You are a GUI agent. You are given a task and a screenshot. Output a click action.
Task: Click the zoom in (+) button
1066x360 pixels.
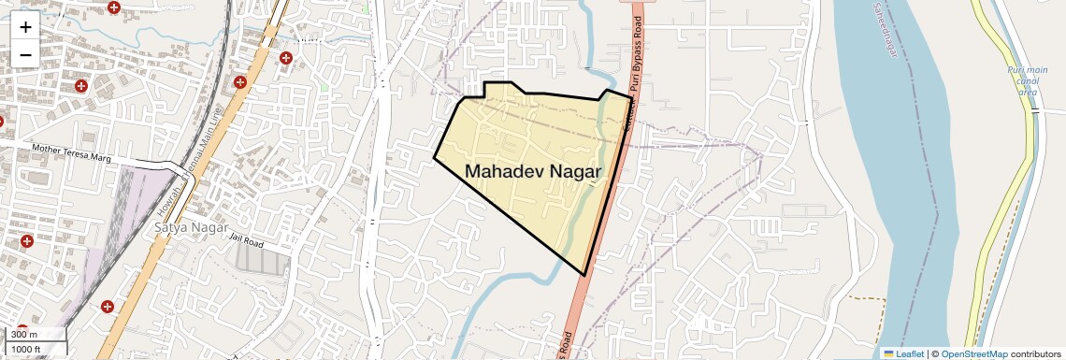point(25,28)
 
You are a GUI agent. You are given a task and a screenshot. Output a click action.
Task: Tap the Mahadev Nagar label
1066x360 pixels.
point(533,172)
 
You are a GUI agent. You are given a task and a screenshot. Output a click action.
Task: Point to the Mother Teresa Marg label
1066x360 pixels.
point(71,154)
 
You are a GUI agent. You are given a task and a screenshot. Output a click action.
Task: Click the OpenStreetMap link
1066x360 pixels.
point(973,353)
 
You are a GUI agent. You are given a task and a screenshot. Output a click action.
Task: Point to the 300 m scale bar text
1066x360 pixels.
point(24,335)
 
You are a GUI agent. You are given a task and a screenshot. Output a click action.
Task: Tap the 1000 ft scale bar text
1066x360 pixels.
point(26,349)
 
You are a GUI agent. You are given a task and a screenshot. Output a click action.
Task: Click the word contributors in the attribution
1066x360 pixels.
point(1035,353)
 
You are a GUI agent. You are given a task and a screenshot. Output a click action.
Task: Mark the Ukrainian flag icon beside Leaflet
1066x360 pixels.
point(888,353)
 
